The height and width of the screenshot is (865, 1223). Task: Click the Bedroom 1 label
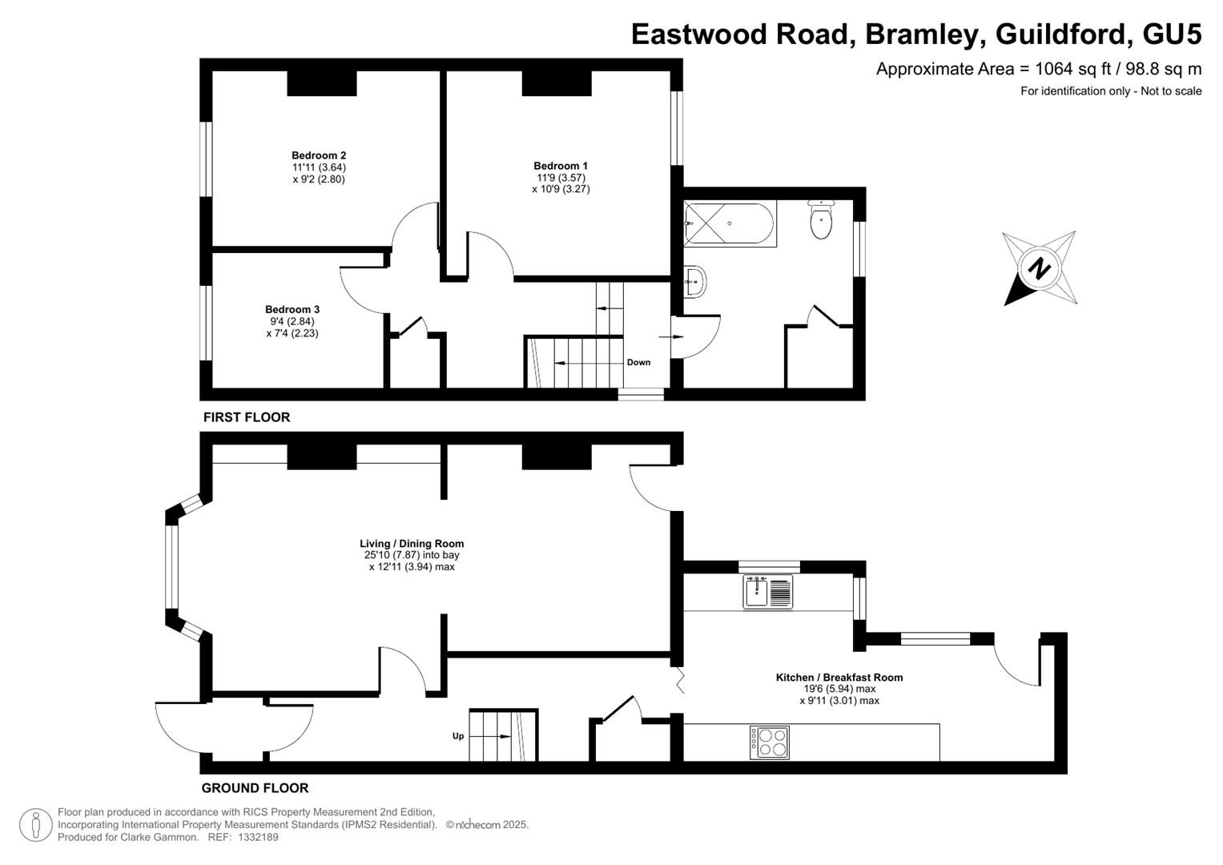point(561,166)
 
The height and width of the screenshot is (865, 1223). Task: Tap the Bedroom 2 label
point(319,155)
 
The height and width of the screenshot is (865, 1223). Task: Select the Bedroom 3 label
point(292,310)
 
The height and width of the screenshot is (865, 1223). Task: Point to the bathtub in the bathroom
point(729,224)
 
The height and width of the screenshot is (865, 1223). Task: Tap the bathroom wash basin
point(694,282)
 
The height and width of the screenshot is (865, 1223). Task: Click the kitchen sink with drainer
point(767,592)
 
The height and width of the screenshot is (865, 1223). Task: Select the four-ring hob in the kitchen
point(770,742)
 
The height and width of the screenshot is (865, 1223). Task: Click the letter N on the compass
point(1039,268)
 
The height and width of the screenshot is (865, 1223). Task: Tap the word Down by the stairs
point(638,363)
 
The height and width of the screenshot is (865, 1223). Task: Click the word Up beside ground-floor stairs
point(458,736)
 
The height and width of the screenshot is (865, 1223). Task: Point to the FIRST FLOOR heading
point(246,417)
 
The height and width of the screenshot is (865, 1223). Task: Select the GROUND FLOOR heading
point(255,788)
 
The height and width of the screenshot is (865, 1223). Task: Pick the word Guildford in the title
point(1060,34)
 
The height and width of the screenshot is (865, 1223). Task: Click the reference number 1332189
point(258,837)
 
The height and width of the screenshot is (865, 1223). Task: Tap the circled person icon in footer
point(36,825)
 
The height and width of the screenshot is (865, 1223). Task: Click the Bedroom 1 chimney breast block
point(557,83)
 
